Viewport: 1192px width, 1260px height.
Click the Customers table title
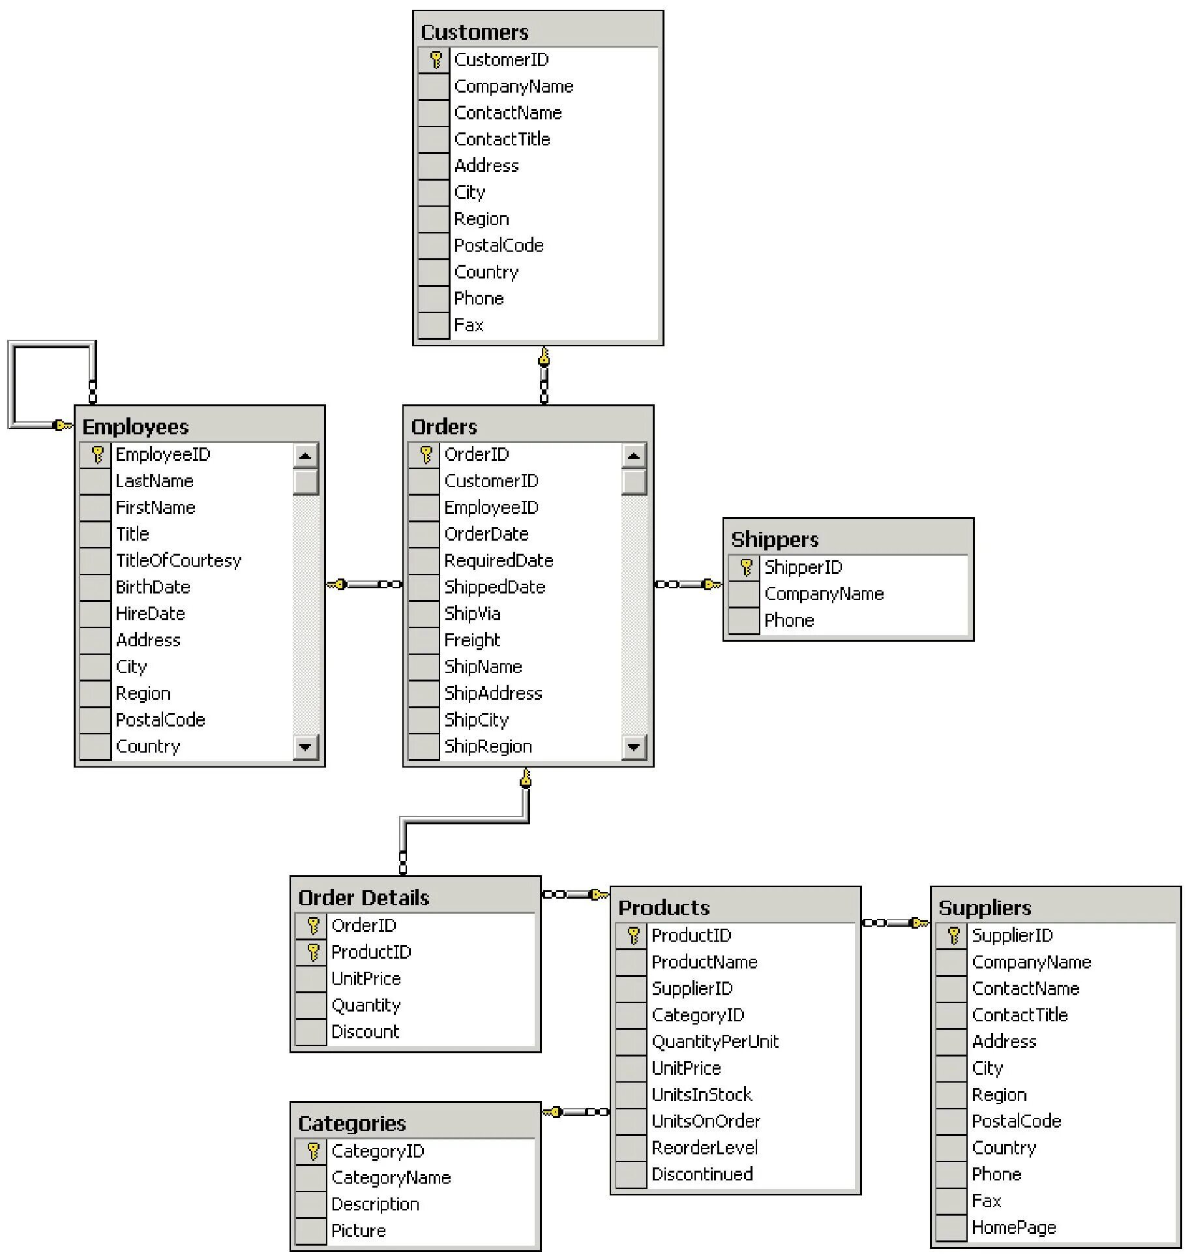(x=474, y=32)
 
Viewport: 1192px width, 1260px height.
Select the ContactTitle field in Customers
(x=501, y=139)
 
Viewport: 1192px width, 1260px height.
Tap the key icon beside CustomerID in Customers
(x=436, y=60)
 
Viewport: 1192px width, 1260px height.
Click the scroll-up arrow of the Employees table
(x=305, y=455)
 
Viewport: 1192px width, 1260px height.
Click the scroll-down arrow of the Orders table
(x=633, y=747)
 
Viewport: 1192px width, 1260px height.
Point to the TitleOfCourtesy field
(x=178, y=560)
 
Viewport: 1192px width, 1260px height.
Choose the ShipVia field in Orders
(x=472, y=614)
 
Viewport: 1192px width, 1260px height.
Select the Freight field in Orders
(x=472, y=640)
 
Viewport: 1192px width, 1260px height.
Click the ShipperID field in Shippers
(x=803, y=567)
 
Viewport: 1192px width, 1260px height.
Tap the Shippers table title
(x=774, y=539)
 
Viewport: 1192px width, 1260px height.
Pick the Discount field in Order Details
(x=365, y=1032)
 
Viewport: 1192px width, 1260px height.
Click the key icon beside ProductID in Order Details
(x=313, y=952)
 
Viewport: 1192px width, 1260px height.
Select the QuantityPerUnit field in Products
(x=715, y=1042)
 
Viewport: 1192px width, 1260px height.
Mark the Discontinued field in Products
(x=702, y=1175)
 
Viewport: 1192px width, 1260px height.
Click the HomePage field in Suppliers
(x=1013, y=1228)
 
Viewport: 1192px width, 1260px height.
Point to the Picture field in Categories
(x=358, y=1231)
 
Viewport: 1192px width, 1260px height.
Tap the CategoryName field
(x=391, y=1178)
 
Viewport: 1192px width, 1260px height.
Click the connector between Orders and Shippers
(x=688, y=584)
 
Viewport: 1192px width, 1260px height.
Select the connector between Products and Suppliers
(x=895, y=923)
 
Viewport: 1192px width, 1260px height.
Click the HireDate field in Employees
(x=150, y=614)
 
